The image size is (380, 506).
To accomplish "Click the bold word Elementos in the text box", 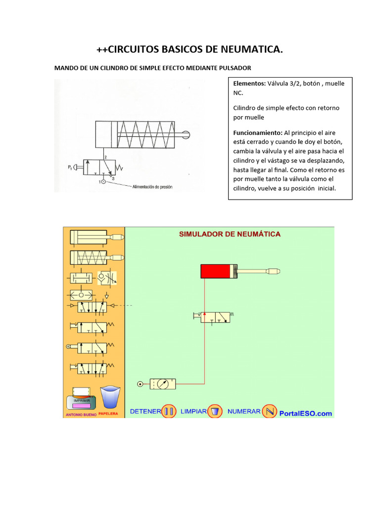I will click(249, 84).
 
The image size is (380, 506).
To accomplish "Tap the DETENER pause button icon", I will click(169, 411).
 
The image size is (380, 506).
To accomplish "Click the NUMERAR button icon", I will click(269, 411).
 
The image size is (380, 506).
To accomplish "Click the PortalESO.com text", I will click(306, 414).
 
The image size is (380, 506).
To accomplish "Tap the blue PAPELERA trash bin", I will click(110, 397).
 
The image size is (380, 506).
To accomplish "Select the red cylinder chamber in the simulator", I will click(215, 271).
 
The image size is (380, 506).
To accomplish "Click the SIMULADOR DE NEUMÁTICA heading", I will click(230, 234).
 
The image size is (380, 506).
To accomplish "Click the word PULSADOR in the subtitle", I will click(234, 67).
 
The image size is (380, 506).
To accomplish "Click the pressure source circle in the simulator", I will click(141, 383).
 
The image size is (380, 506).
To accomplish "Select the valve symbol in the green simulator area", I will click(215, 317).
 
